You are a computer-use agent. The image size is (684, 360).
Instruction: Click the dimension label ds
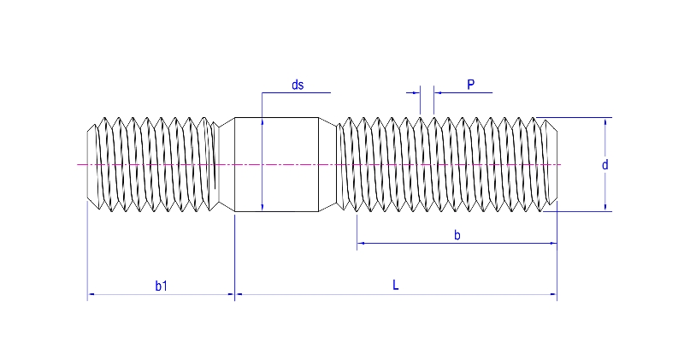(298, 84)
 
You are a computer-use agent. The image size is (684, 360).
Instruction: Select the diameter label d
(604, 164)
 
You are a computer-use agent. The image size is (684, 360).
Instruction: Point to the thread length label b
(457, 235)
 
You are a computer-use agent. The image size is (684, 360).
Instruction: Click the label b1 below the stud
(161, 286)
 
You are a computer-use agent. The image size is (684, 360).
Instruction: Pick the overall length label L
(396, 286)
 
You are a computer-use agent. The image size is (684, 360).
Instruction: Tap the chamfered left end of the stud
(91, 164)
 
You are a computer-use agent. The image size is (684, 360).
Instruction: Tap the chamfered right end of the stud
(552, 164)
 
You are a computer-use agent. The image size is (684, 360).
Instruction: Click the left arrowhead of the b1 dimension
(91, 294)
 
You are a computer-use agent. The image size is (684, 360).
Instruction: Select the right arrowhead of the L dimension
(553, 294)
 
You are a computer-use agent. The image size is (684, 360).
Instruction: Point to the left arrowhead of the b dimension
(361, 244)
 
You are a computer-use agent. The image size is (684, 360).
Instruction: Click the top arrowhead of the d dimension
(605, 121)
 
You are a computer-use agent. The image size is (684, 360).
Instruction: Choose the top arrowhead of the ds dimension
(262, 121)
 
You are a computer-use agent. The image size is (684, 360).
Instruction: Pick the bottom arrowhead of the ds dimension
(262, 207)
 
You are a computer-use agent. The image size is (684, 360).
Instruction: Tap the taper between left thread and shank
(226, 164)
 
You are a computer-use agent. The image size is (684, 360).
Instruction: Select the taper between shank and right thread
(328, 164)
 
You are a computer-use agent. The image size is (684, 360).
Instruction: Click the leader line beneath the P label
(462, 91)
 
